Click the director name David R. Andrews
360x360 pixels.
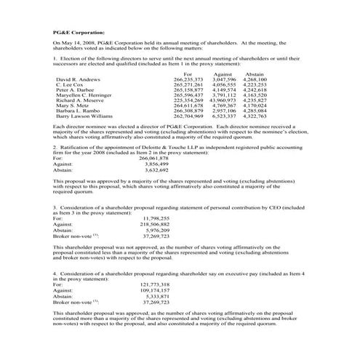[x=76, y=79]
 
